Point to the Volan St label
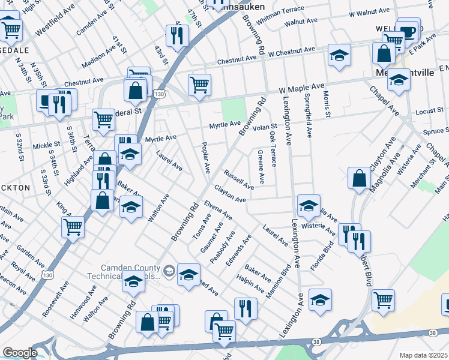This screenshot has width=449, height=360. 264,127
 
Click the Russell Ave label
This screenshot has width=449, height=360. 238,179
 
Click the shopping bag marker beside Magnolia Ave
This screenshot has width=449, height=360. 359,178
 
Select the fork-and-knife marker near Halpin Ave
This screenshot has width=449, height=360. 245,308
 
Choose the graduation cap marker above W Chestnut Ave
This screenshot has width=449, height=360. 339,56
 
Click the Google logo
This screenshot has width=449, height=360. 19,352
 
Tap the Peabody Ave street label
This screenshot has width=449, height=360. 222,250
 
